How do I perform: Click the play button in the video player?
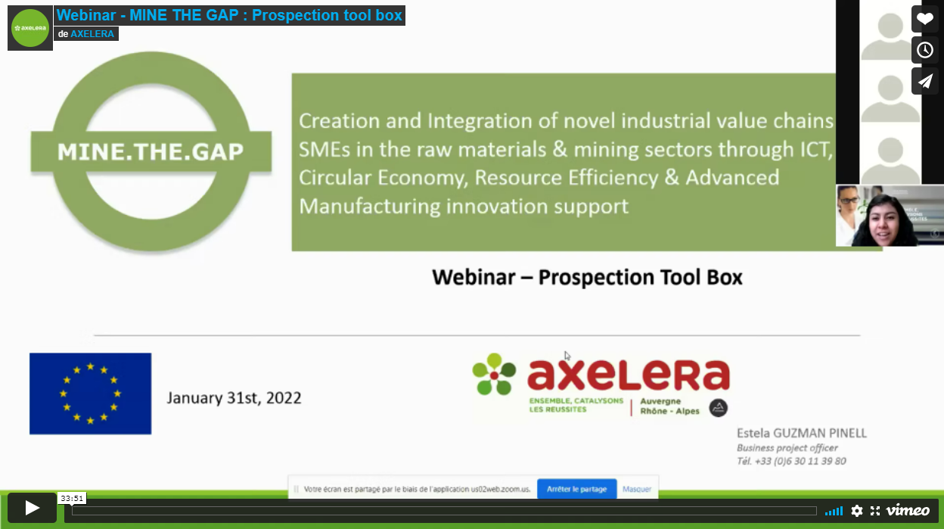pyautogui.click(x=32, y=508)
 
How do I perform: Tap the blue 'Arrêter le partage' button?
pyautogui.click(x=576, y=489)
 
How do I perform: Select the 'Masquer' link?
pyautogui.click(x=637, y=489)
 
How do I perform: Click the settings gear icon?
pyautogui.click(x=857, y=511)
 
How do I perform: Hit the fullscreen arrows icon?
pyautogui.click(x=875, y=511)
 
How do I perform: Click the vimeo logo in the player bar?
pyautogui.click(x=908, y=510)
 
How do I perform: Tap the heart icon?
pyautogui.click(x=925, y=19)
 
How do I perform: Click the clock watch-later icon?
pyautogui.click(x=925, y=50)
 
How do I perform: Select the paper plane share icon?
pyautogui.click(x=925, y=81)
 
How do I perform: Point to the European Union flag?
pyautogui.click(x=90, y=394)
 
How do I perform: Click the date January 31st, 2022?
pyautogui.click(x=234, y=398)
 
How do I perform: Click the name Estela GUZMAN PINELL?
pyautogui.click(x=802, y=433)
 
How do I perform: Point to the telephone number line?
pyautogui.click(x=791, y=461)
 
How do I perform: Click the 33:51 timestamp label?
pyautogui.click(x=72, y=498)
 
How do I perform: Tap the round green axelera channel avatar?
pyautogui.click(x=30, y=28)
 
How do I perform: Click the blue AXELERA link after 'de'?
pyautogui.click(x=92, y=34)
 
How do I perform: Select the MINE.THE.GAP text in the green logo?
pyautogui.click(x=151, y=152)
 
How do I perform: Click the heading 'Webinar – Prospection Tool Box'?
pyautogui.click(x=587, y=277)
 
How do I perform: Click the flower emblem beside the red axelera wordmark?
pyautogui.click(x=494, y=375)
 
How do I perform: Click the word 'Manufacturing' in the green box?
pyautogui.click(x=370, y=207)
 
